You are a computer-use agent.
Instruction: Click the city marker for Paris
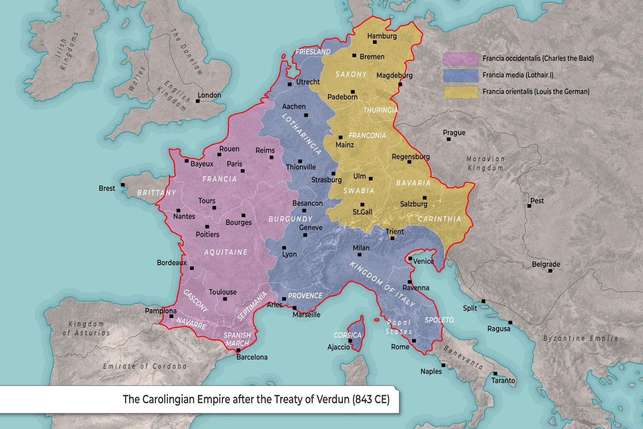[x=243, y=171]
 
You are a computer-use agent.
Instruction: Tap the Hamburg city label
[x=382, y=36]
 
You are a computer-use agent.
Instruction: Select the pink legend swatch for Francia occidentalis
[x=461, y=59]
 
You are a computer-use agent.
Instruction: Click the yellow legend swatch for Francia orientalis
[x=461, y=92]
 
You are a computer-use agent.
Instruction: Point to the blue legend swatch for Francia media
[x=461, y=75]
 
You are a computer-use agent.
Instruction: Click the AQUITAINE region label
[x=226, y=252]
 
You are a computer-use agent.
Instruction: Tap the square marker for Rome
[x=414, y=340]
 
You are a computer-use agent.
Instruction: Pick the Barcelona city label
[x=252, y=357]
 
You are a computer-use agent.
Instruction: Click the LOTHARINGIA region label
[x=302, y=134]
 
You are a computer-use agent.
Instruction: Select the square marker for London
[x=198, y=101]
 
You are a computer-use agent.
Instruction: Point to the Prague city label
[x=454, y=132]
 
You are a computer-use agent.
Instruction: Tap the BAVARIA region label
[x=413, y=183]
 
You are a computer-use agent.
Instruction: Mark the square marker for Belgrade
[x=550, y=271]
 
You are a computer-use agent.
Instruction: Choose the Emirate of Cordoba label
[x=145, y=366]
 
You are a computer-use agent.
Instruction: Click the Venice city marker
[x=410, y=259]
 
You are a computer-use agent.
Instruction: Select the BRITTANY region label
[x=156, y=192]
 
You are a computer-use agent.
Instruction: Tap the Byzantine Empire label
[x=580, y=338]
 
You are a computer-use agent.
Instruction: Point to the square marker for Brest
[x=123, y=185]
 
